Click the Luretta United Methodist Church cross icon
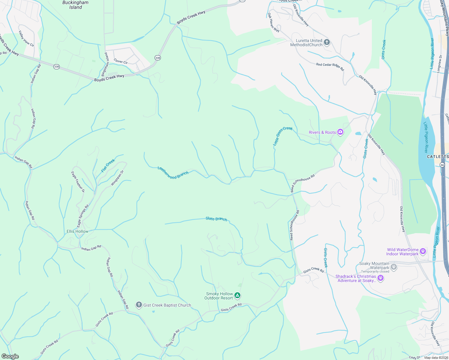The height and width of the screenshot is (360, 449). (x=327, y=42)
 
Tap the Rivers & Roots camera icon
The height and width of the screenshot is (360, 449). (x=340, y=132)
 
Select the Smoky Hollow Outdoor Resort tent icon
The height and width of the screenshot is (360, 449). (x=237, y=296)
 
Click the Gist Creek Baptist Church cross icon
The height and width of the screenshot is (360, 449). (x=139, y=305)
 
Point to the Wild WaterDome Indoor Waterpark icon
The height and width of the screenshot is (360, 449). (x=423, y=251)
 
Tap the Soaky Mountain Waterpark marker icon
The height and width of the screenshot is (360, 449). (x=394, y=267)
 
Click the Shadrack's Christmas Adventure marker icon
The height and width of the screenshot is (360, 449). (x=381, y=278)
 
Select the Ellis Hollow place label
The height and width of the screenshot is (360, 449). (x=77, y=231)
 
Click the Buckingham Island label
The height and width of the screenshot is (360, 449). (x=75, y=5)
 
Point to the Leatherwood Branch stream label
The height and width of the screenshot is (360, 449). (x=173, y=173)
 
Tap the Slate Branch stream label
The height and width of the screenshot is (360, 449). (x=216, y=219)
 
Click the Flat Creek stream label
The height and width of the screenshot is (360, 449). (x=108, y=166)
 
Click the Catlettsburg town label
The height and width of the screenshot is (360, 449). (x=438, y=157)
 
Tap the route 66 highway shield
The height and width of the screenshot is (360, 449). (x=442, y=165)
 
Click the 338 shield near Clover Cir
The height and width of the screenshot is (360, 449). (x=158, y=58)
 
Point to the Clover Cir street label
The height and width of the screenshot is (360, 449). (x=121, y=61)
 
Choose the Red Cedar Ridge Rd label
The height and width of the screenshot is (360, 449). (x=330, y=66)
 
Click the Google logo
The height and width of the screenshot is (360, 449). (x=10, y=356)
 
